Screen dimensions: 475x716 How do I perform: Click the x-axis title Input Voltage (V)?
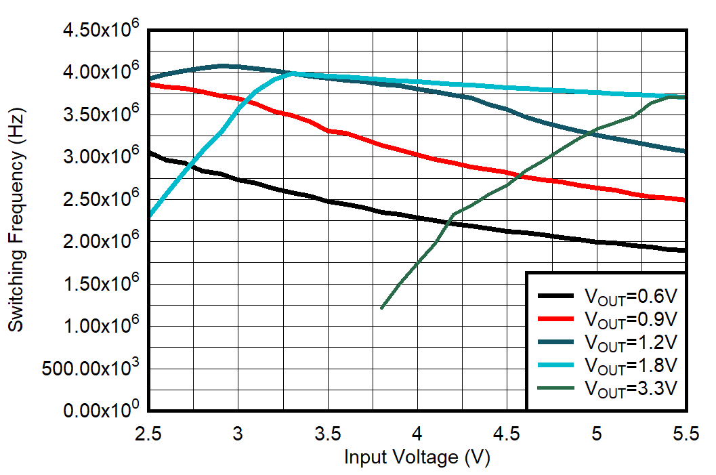pos(417,457)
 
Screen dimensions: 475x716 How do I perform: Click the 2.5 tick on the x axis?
pos(148,432)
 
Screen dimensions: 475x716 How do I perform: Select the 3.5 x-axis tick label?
pos(328,432)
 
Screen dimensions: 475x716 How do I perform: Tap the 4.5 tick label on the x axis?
pos(507,432)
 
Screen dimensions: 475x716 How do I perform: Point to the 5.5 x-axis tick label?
pos(686,432)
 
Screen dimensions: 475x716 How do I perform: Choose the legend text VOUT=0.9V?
pos(630,319)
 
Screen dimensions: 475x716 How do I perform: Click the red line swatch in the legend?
pos(557,318)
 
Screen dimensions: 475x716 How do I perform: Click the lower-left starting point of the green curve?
pos(382,308)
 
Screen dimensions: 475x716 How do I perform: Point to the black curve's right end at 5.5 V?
pos(686,251)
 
